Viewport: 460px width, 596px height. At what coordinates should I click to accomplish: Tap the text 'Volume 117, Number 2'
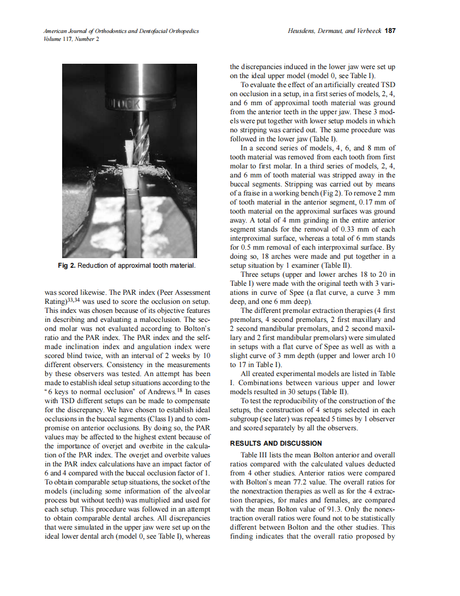(x=71, y=39)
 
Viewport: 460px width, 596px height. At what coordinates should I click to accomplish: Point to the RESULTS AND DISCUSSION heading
(x=276, y=443)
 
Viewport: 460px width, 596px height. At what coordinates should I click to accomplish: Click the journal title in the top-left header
(x=122, y=31)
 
